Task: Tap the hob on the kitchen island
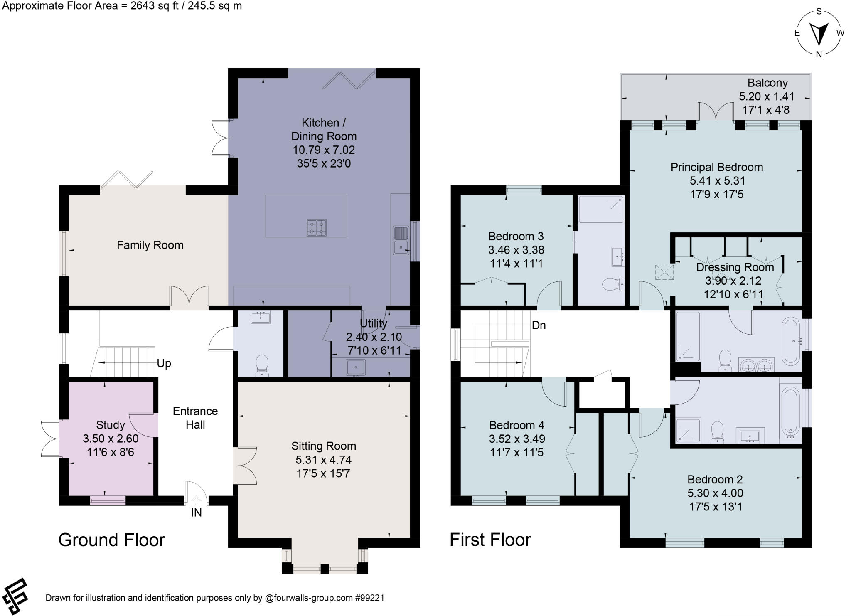tap(316, 227)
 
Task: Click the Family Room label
tap(150, 245)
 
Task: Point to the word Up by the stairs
tap(164, 364)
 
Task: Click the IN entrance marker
tap(196, 513)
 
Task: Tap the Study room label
tap(110, 425)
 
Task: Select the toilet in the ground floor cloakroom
tap(262, 364)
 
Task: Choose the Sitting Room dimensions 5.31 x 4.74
tap(323, 460)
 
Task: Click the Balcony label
tap(767, 83)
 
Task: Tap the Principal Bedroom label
tap(716, 167)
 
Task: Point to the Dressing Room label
tap(735, 267)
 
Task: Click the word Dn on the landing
tap(539, 325)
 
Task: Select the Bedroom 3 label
tap(516, 237)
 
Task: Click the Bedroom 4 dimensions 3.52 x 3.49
tap(517, 439)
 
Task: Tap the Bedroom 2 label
tap(715, 480)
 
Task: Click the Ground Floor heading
tap(111, 540)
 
